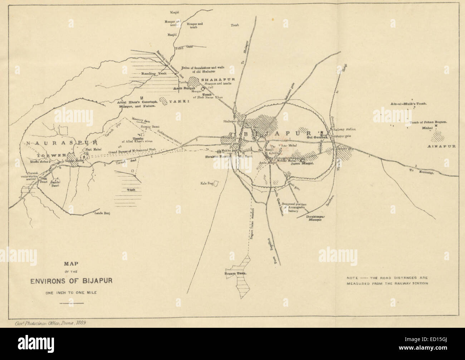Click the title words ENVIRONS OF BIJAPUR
pos(71,280)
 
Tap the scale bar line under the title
pos(72,303)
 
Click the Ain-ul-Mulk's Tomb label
pos(409,104)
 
